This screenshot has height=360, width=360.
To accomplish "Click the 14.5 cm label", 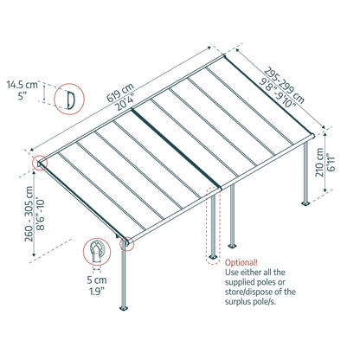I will pyautogui.click(x=22, y=86).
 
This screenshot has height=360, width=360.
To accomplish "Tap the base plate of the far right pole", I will pyautogui.click(x=305, y=205).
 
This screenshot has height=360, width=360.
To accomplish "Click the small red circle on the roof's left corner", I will pyautogui.click(x=40, y=162).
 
